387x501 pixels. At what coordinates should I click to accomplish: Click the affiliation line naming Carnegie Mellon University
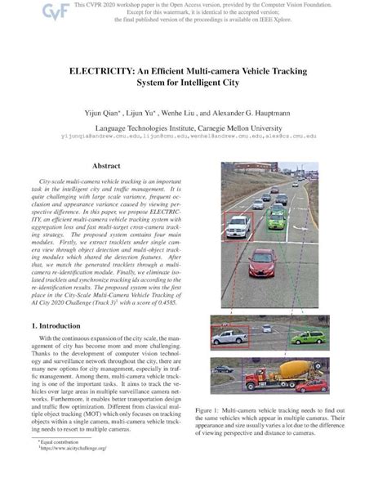pos(193,128)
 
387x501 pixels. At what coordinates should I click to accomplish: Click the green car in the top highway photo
pos(277,217)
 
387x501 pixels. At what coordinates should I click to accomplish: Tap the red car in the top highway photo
pos(261,262)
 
